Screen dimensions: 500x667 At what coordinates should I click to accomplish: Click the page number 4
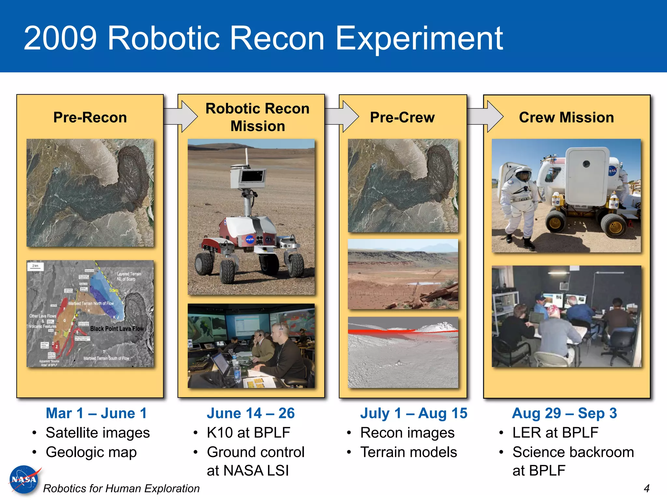(x=646, y=488)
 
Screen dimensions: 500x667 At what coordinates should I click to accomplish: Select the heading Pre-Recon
(x=90, y=117)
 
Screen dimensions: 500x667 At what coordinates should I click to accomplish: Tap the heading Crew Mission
(x=566, y=117)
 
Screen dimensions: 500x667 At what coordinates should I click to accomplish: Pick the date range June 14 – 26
(x=250, y=413)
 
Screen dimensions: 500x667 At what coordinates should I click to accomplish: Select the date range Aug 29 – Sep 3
(x=564, y=413)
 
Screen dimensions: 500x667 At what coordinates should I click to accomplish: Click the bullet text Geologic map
(x=91, y=452)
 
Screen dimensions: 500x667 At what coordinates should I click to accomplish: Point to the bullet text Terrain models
(x=408, y=452)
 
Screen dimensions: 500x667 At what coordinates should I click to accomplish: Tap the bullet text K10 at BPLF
(x=248, y=433)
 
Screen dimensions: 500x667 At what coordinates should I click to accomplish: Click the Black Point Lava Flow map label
(x=117, y=328)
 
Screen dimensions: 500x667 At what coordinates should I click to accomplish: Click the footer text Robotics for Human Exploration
(x=121, y=488)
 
